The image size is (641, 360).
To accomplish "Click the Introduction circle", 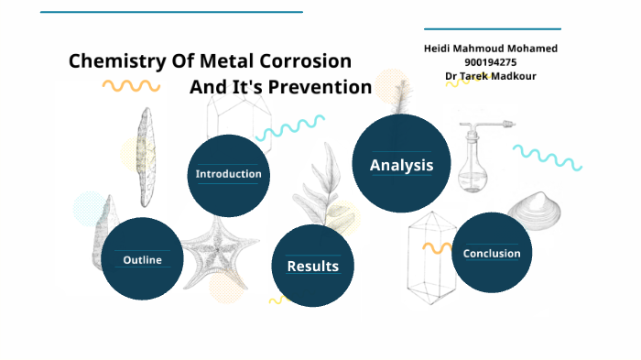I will click(x=228, y=174).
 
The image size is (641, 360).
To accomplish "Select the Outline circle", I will click(x=142, y=259).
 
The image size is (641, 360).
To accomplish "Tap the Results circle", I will click(x=312, y=266).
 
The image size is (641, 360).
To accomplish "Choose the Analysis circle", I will click(x=400, y=165).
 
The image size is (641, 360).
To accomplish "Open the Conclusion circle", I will click(x=492, y=254).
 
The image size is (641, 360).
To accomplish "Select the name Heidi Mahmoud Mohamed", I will click(x=491, y=48).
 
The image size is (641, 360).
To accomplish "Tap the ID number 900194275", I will click(x=491, y=61).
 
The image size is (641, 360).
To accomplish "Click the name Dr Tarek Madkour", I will click(x=491, y=75).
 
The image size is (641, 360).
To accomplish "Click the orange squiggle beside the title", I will click(x=131, y=86).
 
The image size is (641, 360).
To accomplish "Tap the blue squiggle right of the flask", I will click(x=547, y=157).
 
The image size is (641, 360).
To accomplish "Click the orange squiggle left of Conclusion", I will click(x=436, y=247).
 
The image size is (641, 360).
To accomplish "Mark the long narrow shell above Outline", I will click(x=145, y=156).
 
